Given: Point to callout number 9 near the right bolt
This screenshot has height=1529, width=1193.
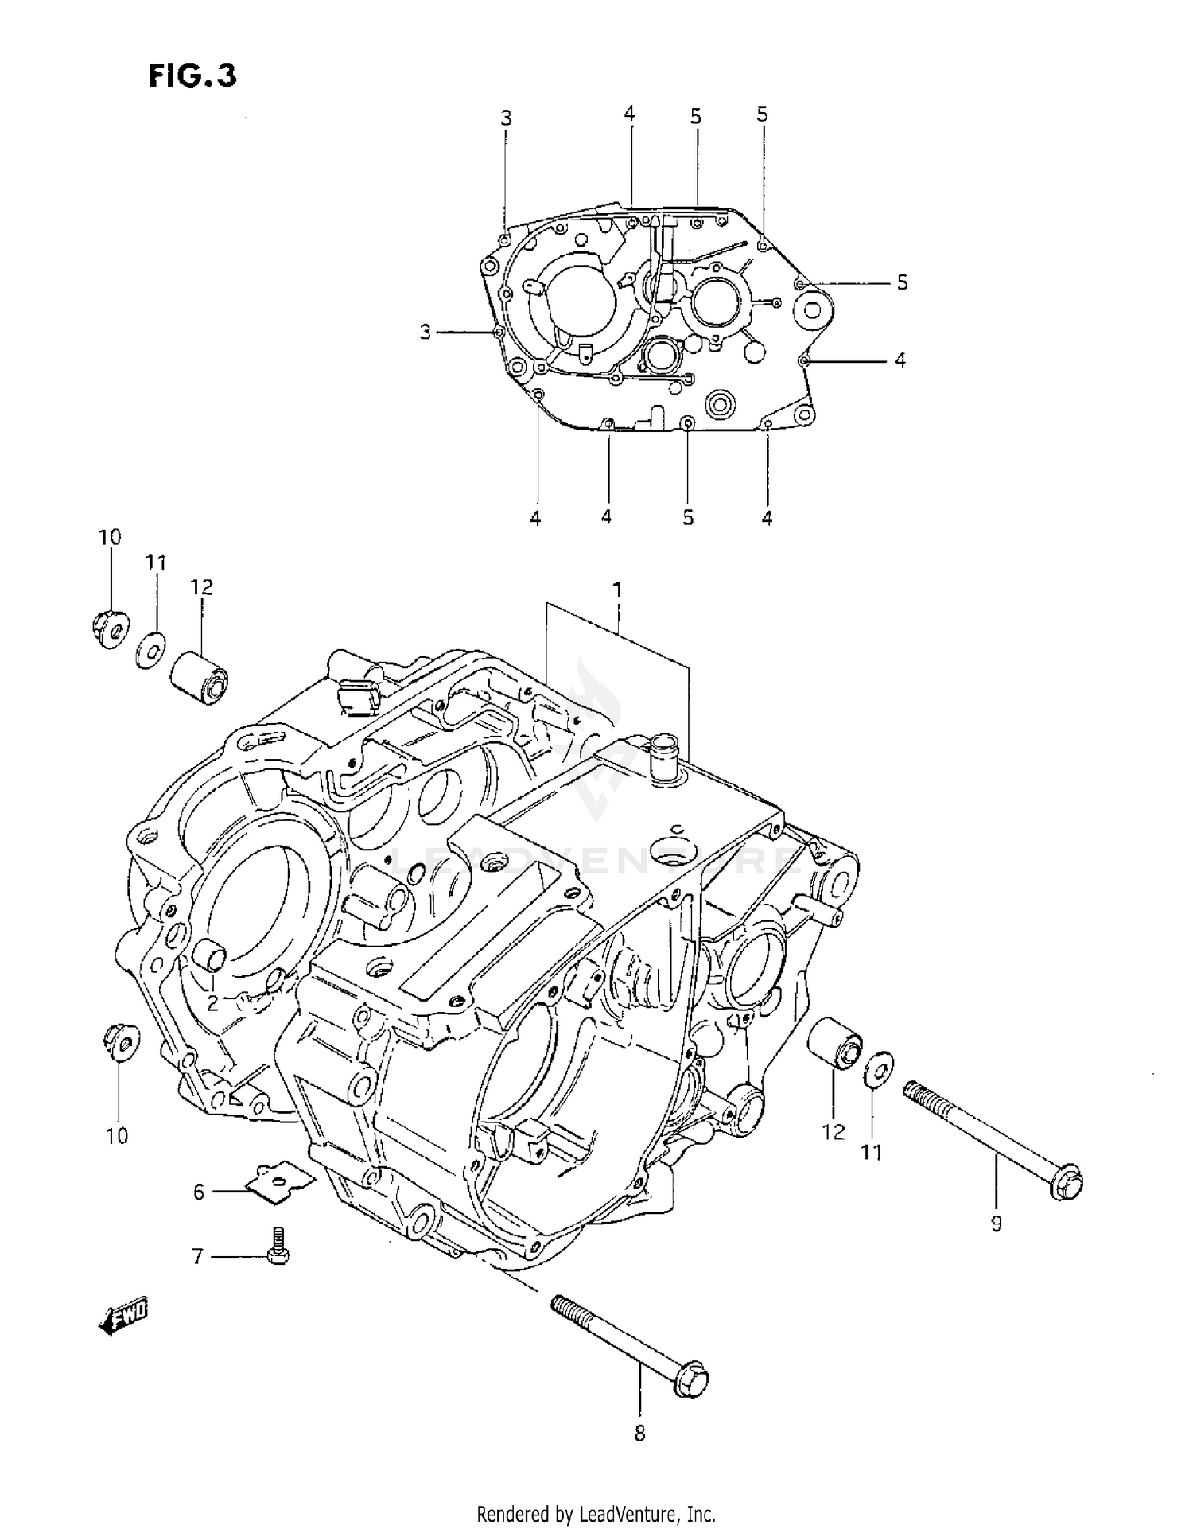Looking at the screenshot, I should (997, 1224).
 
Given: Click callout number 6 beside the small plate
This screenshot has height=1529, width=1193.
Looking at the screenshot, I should (198, 1191).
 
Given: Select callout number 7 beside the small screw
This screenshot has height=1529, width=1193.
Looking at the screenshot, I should (197, 1256).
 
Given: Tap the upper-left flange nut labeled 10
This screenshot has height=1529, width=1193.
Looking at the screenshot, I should (109, 628).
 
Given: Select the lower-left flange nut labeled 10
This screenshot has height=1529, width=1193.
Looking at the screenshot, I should (121, 1042).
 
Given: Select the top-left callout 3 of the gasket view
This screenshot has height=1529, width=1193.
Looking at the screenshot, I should (506, 118).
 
